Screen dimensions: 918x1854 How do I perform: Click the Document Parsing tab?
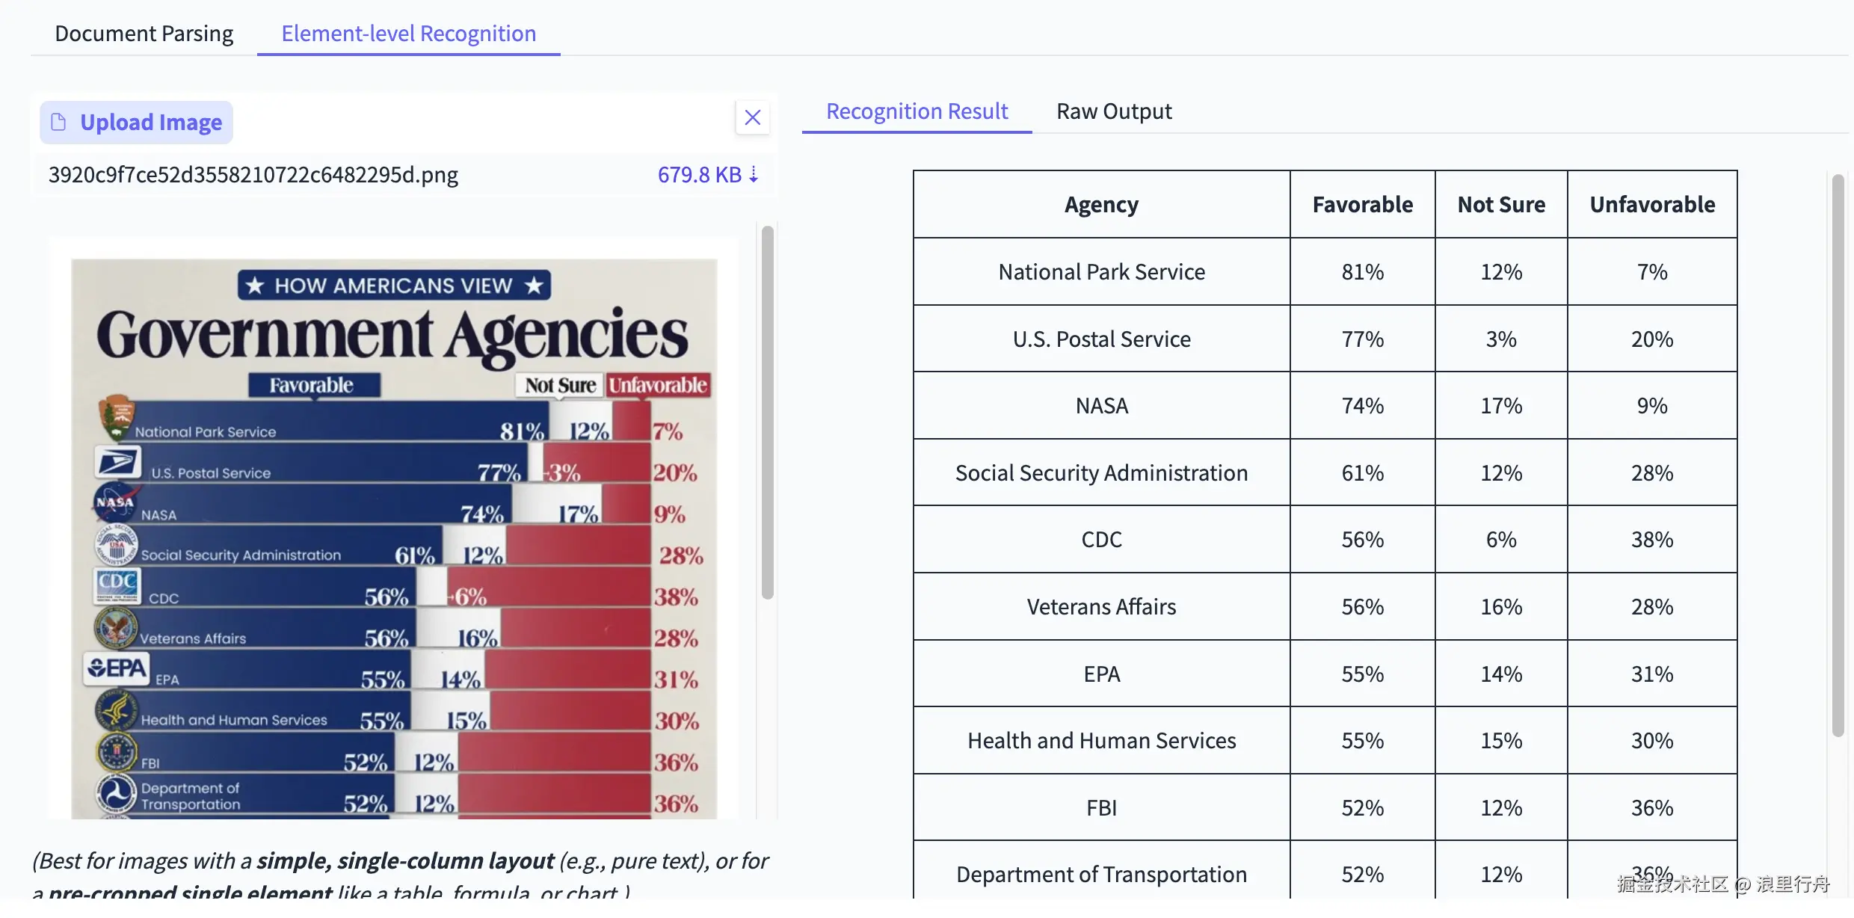point(144,34)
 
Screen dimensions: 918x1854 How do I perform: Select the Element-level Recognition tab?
point(408,34)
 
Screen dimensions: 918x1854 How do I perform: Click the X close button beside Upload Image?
point(752,117)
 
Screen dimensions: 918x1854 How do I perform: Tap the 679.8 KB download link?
point(707,175)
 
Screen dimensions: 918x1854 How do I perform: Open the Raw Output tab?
point(1113,111)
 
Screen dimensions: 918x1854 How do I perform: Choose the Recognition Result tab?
point(917,111)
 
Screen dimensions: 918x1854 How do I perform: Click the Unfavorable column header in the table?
point(1651,205)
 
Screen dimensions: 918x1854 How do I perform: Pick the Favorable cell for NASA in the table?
point(1362,406)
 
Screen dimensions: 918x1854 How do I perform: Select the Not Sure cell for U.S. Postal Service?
point(1500,339)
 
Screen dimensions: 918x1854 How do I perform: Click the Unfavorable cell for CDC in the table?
point(1651,540)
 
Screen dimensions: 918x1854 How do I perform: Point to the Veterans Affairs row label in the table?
point(1101,607)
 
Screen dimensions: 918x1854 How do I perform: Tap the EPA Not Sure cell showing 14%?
point(1500,674)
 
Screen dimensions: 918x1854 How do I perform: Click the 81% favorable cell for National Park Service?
point(1362,272)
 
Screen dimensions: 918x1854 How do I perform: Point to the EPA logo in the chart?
point(117,668)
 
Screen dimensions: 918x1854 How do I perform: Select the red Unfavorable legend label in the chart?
point(657,385)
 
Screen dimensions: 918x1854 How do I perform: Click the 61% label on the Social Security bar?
point(414,555)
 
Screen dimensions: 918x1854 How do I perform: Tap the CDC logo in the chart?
point(117,585)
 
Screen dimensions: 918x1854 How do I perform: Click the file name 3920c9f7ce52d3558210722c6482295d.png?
point(253,175)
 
